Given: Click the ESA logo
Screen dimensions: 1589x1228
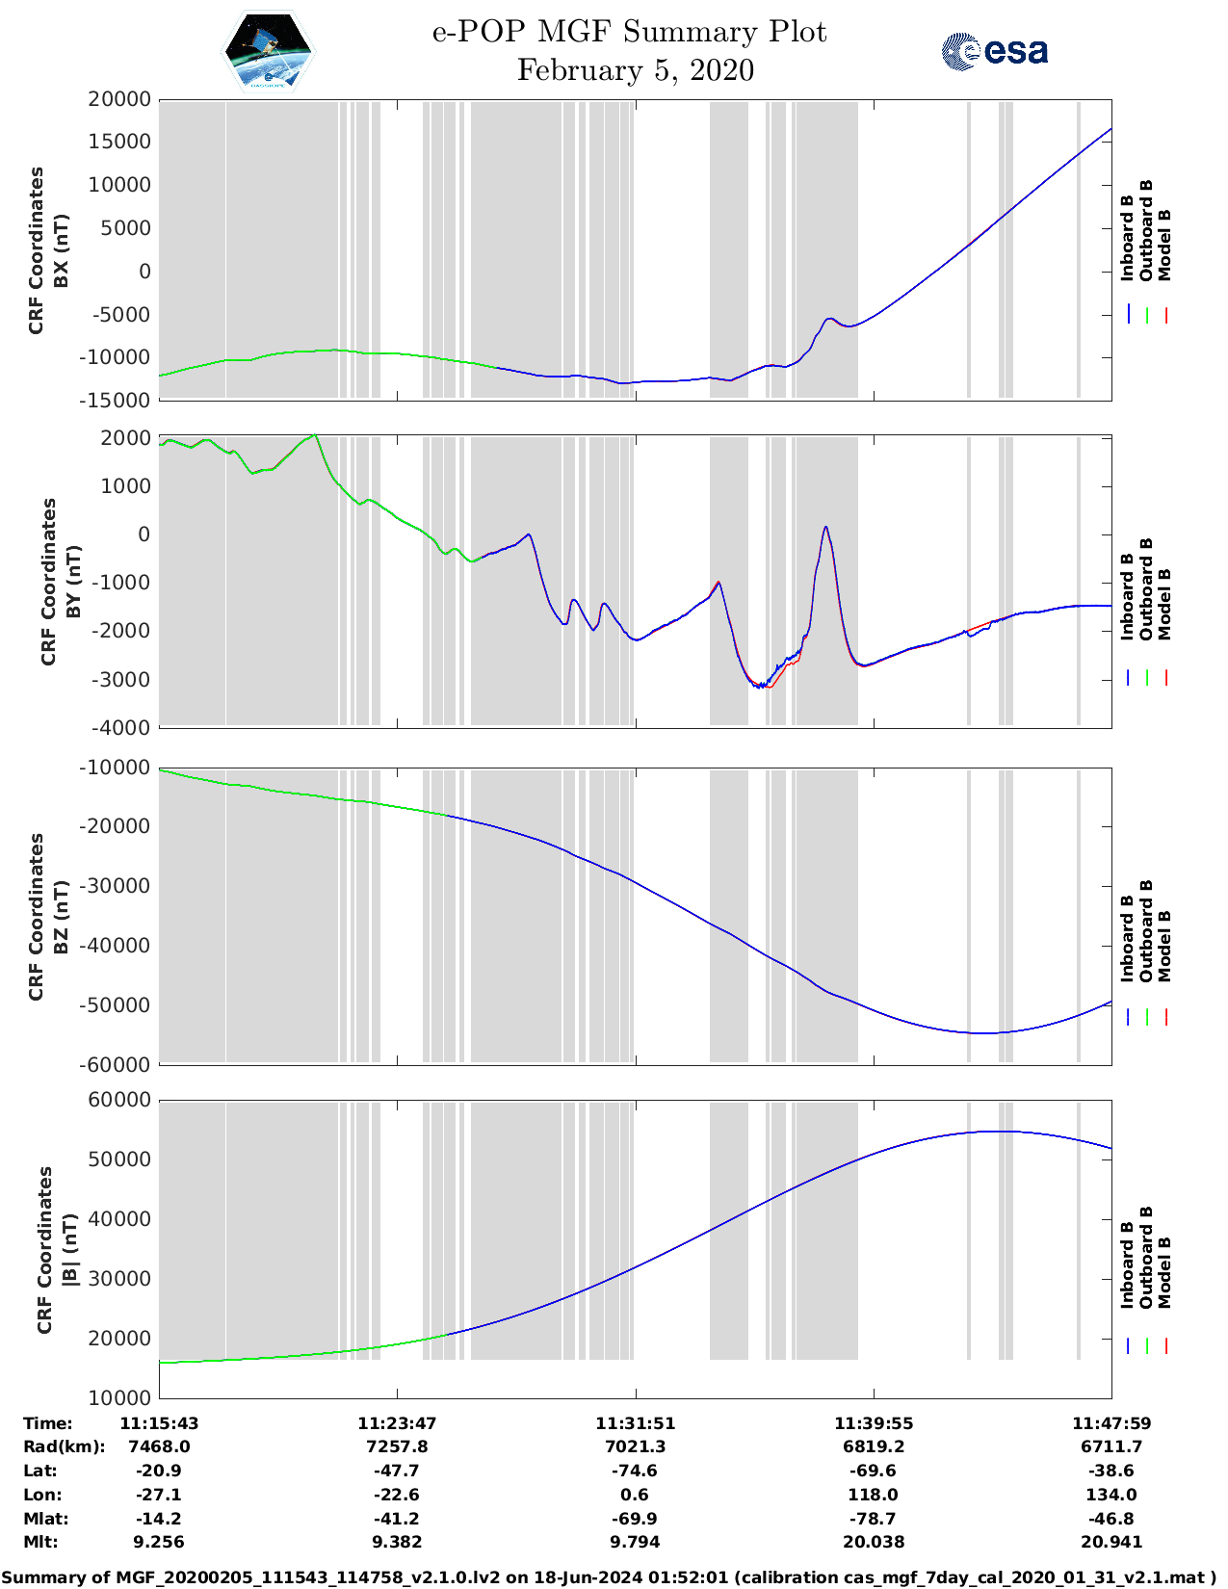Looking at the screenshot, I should click(x=994, y=51).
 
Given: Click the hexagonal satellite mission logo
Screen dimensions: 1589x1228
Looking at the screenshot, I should click(x=269, y=51).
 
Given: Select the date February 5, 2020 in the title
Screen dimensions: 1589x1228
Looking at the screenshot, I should click(x=635, y=70).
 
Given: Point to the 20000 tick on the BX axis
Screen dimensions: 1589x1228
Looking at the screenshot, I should click(x=119, y=99).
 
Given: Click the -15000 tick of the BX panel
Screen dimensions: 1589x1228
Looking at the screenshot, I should click(x=119, y=400).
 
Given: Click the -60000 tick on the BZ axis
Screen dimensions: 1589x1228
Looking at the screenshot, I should click(x=116, y=1065).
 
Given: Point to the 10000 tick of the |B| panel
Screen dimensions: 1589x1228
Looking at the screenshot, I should click(x=119, y=1397).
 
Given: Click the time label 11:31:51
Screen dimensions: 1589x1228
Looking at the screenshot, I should click(x=635, y=1423).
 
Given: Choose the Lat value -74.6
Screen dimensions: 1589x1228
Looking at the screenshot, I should click(x=635, y=1471).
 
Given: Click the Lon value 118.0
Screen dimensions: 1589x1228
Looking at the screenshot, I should click(x=873, y=1495).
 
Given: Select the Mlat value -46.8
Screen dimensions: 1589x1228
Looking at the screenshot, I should click(x=1111, y=1519).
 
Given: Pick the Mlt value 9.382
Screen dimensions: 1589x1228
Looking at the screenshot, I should click(x=397, y=1542).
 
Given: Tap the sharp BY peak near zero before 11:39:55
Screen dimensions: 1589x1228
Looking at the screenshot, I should click(x=825, y=528).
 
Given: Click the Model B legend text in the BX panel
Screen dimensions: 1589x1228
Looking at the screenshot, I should click(x=1164, y=245).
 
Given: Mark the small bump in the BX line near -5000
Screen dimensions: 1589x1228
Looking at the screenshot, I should click(x=830, y=319).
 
